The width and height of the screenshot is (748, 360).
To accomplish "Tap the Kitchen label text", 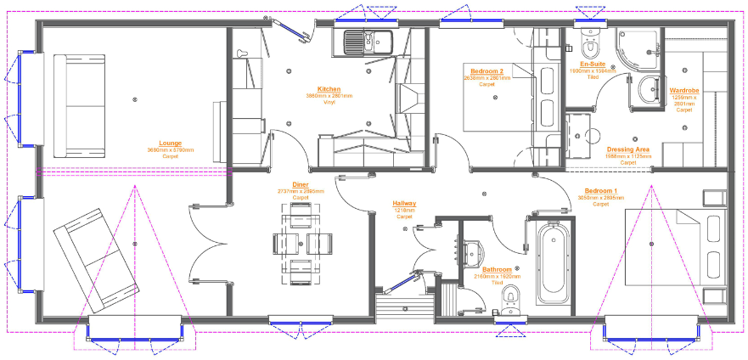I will click(x=329, y=89).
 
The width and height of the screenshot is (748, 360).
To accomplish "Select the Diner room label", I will click(x=301, y=184).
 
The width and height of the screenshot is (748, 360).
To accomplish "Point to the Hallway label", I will click(x=404, y=204).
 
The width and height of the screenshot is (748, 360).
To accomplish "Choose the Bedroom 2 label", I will click(x=487, y=71).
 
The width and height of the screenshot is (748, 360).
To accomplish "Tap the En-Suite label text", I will click(x=592, y=65).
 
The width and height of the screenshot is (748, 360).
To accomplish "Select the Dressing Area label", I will click(x=628, y=149).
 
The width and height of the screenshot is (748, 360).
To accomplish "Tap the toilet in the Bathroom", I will click(x=509, y=297).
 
